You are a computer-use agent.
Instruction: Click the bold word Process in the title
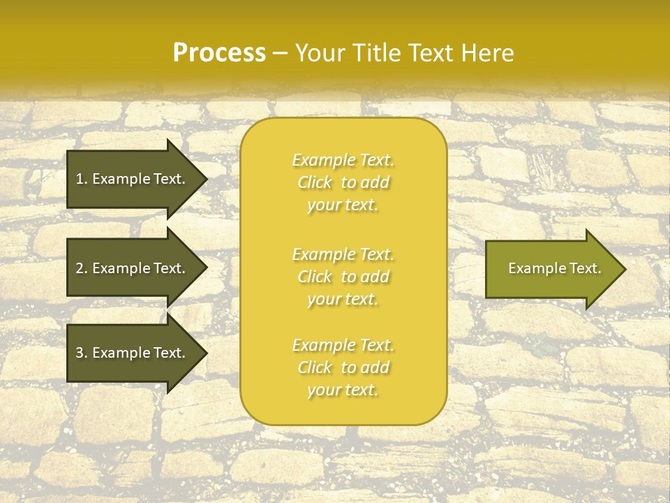[219, 53]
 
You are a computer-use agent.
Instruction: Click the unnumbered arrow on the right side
[551, 268]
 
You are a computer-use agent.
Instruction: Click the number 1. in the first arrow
[82, 179]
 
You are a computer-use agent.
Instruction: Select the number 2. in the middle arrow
[82, 268]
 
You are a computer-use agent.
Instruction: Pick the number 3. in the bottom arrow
[82, 353]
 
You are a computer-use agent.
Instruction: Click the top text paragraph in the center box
[343, 182]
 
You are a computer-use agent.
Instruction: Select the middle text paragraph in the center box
[343, 277]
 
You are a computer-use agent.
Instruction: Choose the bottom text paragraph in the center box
[343, 367]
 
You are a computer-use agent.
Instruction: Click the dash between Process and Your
[280, 53]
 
